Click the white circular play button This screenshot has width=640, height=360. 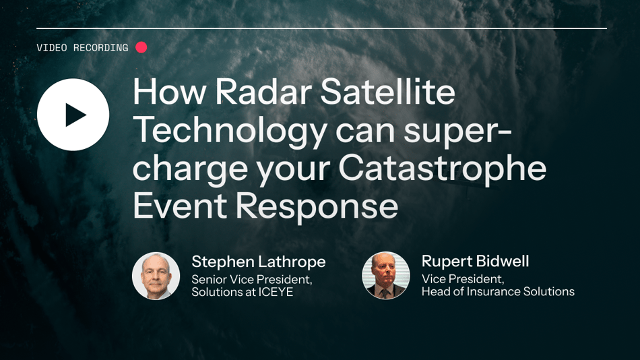pos(73,115)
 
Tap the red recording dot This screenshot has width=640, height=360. pos(141,47)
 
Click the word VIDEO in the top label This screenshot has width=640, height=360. pos(52,48)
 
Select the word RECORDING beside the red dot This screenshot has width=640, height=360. pos(101,48)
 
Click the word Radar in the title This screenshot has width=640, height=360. pos(263,92)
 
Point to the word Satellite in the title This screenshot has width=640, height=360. pos(387,92)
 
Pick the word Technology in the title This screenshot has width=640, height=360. pos(230,130)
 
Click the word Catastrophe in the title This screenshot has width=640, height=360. pos(443,169)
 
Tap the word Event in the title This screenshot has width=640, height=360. pos(180,206)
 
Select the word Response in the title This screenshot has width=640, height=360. pos(317,206)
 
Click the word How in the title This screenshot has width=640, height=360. pos(169,92)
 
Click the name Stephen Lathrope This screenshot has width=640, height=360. pos(259,262)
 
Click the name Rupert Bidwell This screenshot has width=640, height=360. pos(475,261)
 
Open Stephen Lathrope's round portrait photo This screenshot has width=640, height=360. pos(156,276)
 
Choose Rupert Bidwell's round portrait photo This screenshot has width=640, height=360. pos(386,276)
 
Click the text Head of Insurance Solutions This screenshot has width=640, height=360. pos(498,292)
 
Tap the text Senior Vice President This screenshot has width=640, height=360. pos(252,280)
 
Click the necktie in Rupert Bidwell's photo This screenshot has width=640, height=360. pos(385,293)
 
